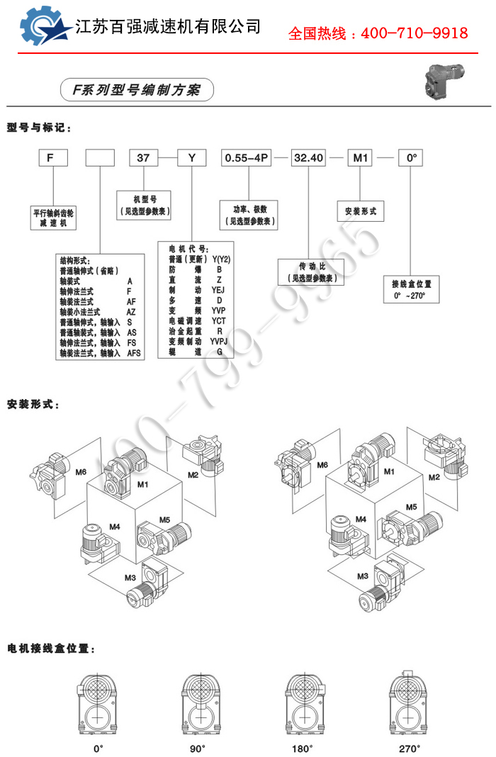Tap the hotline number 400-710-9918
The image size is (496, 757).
[x=415, y=33]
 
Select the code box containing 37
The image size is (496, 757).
[x=142, y=158]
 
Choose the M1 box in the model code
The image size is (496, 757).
[x=360, y=158]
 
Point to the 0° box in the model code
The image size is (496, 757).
[x=410, y=158]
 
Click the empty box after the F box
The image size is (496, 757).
[x=99, y=158]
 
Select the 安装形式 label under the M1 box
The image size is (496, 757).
[x=360, y=211]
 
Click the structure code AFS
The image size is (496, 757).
[x=134, y=352]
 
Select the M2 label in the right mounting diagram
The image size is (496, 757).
[x=434, y=477]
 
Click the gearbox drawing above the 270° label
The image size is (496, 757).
[x=409, y=705]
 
